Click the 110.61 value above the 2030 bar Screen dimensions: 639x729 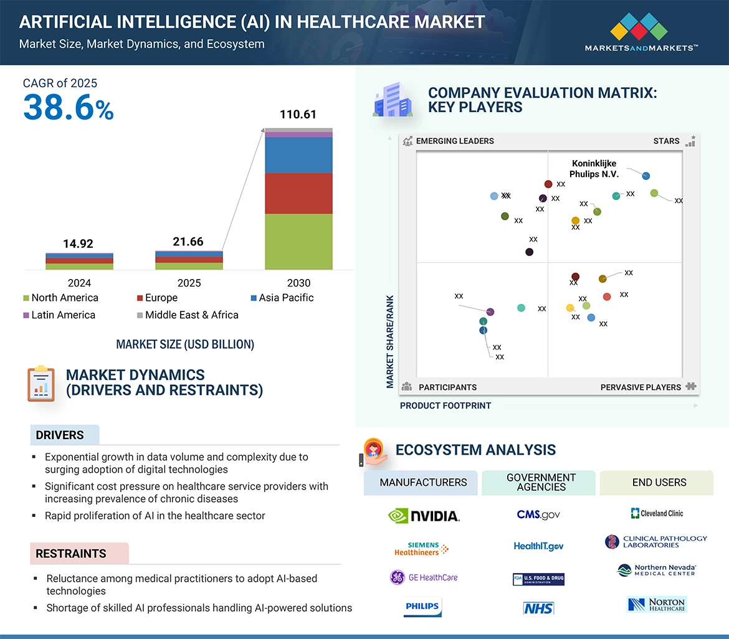tap(298, 115)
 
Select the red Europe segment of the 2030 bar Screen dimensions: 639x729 tap(298, 193)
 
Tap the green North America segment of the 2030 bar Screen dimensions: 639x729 tap(298, 242)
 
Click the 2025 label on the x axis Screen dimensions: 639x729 tap(189, 283)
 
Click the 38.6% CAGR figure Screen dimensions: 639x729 tap(69, 107)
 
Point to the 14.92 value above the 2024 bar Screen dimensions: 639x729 tap(78, 244)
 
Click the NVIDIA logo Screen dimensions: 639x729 tap(424, 516)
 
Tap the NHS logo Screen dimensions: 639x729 tap(538, 608)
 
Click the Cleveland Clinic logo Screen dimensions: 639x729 tap(657, 513)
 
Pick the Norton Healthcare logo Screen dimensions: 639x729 tap(657, 604)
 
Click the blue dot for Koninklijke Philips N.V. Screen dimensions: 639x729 tap(646, 176)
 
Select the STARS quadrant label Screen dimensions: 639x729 tap(666, 141)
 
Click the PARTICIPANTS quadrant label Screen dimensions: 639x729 tap(447, 387)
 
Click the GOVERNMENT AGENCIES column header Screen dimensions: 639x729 tap(541, 482)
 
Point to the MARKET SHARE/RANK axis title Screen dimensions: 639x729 tap(390, 341)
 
